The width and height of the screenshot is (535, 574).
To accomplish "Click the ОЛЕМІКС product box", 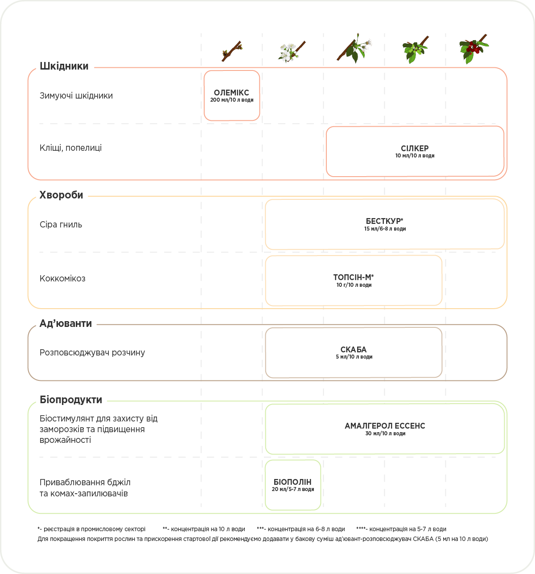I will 232,95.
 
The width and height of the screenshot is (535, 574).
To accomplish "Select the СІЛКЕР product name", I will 415,149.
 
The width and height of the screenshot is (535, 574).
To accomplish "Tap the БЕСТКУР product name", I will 384,221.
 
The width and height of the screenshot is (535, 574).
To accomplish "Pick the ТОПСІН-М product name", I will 354,277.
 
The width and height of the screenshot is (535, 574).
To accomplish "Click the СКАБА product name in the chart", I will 354,350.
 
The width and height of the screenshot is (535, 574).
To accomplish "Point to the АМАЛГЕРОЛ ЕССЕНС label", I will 385,426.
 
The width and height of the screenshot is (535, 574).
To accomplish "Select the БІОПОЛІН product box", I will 293,485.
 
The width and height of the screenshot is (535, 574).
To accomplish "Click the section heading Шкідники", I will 64,66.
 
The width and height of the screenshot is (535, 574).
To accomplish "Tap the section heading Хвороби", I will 62,195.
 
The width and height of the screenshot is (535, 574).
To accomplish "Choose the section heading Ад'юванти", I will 66,324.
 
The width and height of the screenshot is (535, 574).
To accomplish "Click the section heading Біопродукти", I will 71,400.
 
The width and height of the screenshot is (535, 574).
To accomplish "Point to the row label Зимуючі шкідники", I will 76,96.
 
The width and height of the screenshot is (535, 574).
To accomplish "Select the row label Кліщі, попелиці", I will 71,148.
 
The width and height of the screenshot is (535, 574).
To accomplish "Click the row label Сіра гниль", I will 61,225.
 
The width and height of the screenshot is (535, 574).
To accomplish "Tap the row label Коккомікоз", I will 62,279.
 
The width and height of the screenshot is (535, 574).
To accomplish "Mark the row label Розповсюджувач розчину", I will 92,353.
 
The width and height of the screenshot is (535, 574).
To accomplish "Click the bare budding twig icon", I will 232,51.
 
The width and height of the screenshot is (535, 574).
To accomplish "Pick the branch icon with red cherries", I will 473,49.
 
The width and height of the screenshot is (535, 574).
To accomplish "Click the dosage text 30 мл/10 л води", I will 385,434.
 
